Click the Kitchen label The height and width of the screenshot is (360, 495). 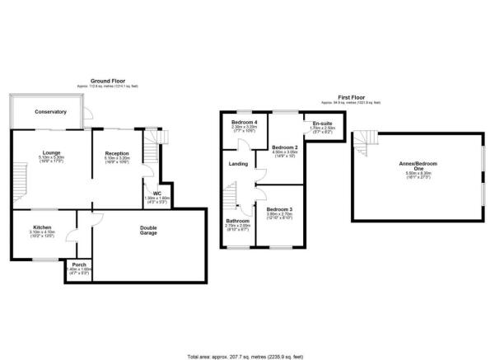point(43,227)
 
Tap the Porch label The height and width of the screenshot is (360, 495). point(80,264)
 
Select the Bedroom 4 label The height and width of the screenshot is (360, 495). point(245,123)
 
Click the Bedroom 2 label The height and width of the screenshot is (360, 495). point(285,147)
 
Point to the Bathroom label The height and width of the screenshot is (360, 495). point(238,220)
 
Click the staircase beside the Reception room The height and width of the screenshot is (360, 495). point(151,149)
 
